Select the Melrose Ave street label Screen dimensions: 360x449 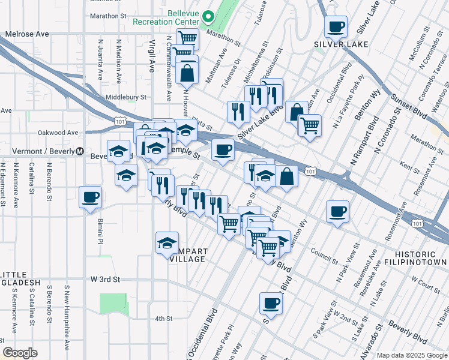pos(27,34)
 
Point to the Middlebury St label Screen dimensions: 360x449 pos(126,97)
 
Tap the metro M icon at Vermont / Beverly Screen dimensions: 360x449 pos(79,151)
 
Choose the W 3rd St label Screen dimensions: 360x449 pos(105,280)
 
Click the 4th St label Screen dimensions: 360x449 pos(163,319)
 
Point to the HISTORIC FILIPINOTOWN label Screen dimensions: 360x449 pos(417,257)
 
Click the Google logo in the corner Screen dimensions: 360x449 pos(20,353)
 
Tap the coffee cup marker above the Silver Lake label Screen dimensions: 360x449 pos(336,26)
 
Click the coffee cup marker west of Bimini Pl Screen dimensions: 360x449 pos(91,197)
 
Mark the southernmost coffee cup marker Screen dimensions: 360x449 pos(270,302)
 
